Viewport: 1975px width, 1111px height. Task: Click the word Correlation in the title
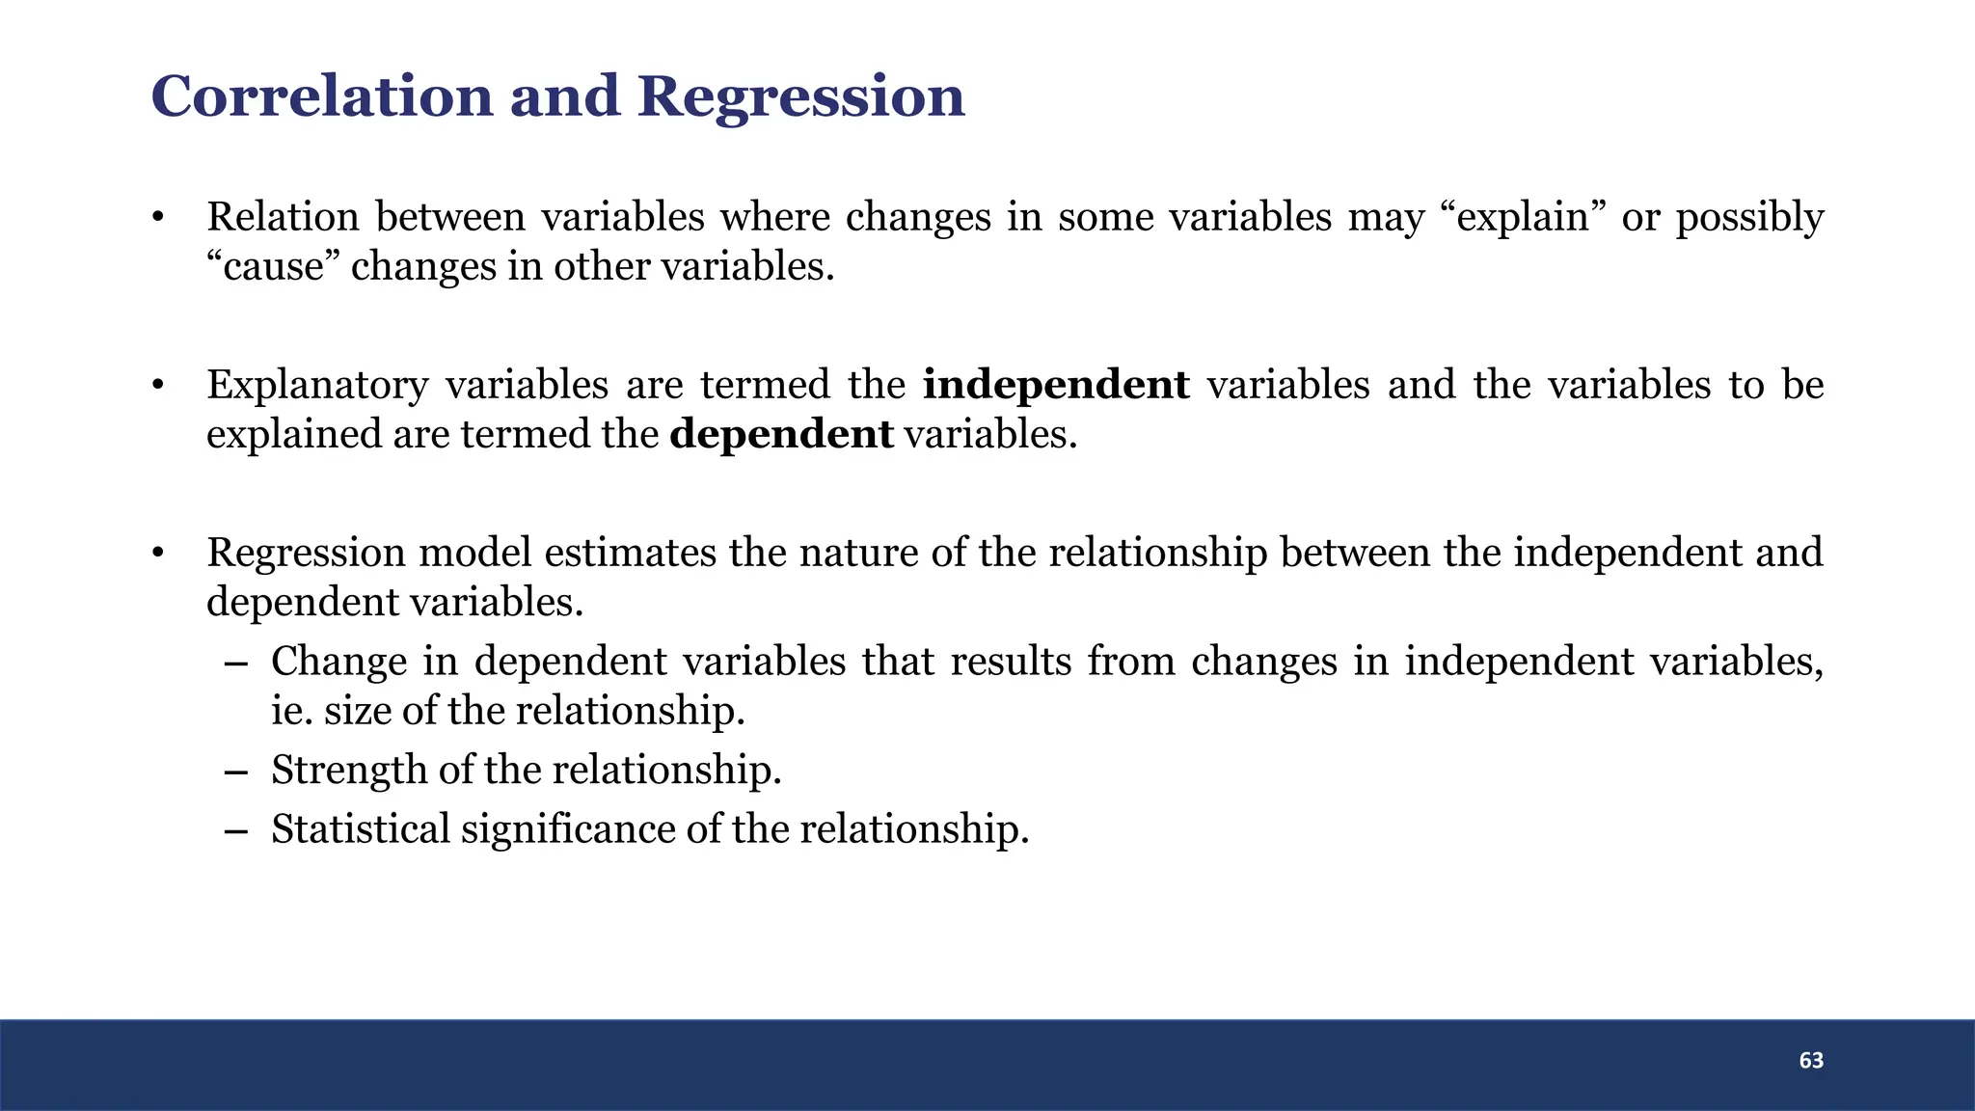coord(322,96)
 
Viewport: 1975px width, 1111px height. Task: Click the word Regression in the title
coord(800,98)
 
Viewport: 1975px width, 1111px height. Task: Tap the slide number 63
coord(1811,1061)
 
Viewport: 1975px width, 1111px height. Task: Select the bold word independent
coord(1056,385)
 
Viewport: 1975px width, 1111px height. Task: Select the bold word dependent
coord(781,435)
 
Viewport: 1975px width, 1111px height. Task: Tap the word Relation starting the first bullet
coord(283,217)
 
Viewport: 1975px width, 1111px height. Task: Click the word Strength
coord(349,771)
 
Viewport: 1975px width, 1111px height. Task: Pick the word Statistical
coord(360,829)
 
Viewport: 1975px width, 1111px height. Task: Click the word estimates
coord(631,554)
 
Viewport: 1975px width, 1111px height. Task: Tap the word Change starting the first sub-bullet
coord(338,663)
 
